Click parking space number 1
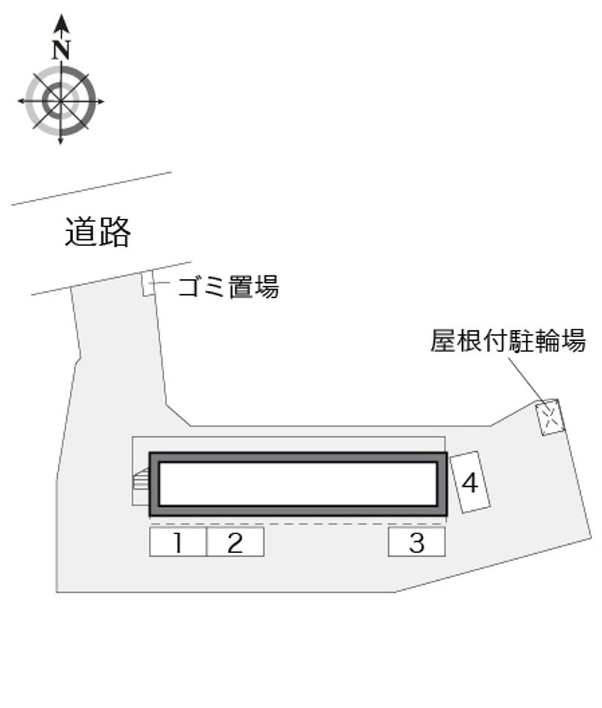coord(178,542)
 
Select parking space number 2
coord(236,542)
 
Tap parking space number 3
coord(417,542)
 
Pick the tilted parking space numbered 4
coord(470,482)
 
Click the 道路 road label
coord(98,232)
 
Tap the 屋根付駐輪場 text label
coord(508,340)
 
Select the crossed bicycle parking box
coord(550,418)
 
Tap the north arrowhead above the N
coord(62,23)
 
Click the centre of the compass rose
coord(60,101)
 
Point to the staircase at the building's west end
coord(141,479)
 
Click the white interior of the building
coord(298,484)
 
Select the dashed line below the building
coord(297,524)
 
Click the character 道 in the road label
coord(81,232)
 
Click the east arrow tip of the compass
coord(103,101)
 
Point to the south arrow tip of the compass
coord(60,143)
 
